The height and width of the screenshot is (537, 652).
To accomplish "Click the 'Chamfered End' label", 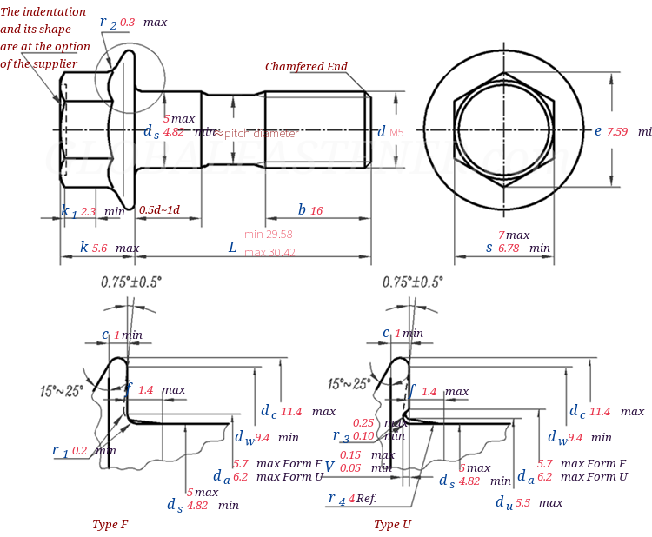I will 306,67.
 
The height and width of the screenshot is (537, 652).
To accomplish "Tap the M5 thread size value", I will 396,133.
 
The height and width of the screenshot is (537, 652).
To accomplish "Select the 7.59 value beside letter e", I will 617,131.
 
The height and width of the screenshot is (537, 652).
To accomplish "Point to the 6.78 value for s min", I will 509,248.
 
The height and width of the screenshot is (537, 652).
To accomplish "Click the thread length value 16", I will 316,210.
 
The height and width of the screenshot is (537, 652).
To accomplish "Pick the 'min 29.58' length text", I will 268,235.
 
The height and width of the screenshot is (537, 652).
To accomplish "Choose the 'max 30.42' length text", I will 269,253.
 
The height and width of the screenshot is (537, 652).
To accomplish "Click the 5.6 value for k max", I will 100,248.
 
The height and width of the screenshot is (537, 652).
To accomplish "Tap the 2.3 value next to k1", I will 89,211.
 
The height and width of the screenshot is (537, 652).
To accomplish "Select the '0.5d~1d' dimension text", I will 160,210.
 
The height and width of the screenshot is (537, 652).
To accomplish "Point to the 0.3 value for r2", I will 128,22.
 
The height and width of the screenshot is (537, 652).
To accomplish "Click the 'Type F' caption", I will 110,525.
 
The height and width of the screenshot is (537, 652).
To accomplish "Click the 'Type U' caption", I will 393,525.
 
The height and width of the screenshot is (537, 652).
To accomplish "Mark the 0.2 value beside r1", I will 80,451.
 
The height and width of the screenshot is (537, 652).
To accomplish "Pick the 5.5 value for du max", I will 522,503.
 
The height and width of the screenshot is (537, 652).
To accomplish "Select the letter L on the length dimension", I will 232,248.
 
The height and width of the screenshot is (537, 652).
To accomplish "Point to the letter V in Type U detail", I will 329,467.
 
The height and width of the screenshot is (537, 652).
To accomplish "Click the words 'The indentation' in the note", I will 43,12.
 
